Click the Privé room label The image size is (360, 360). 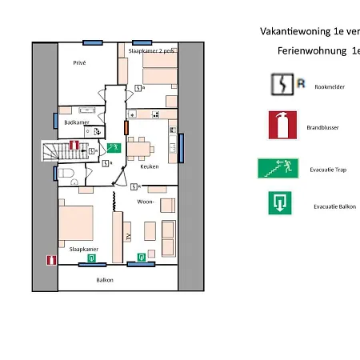click(x=79, y=62)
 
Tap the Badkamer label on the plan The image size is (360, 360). click(x=76, y=123)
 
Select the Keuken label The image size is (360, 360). click(x=150, y=166)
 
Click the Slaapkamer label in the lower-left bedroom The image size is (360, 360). click(x=83, y=250)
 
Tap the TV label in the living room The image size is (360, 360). click(x=128, y=235)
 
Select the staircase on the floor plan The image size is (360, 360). click(x=58, y=150)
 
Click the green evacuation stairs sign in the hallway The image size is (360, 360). click(x=114, y=147)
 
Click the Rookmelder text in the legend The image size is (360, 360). click(x=330, y=87)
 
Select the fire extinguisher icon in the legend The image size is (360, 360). click(x=282, y=125)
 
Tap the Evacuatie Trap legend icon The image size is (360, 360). click(x=277, y=168)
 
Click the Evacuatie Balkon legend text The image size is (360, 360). click(x=334, y=206)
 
